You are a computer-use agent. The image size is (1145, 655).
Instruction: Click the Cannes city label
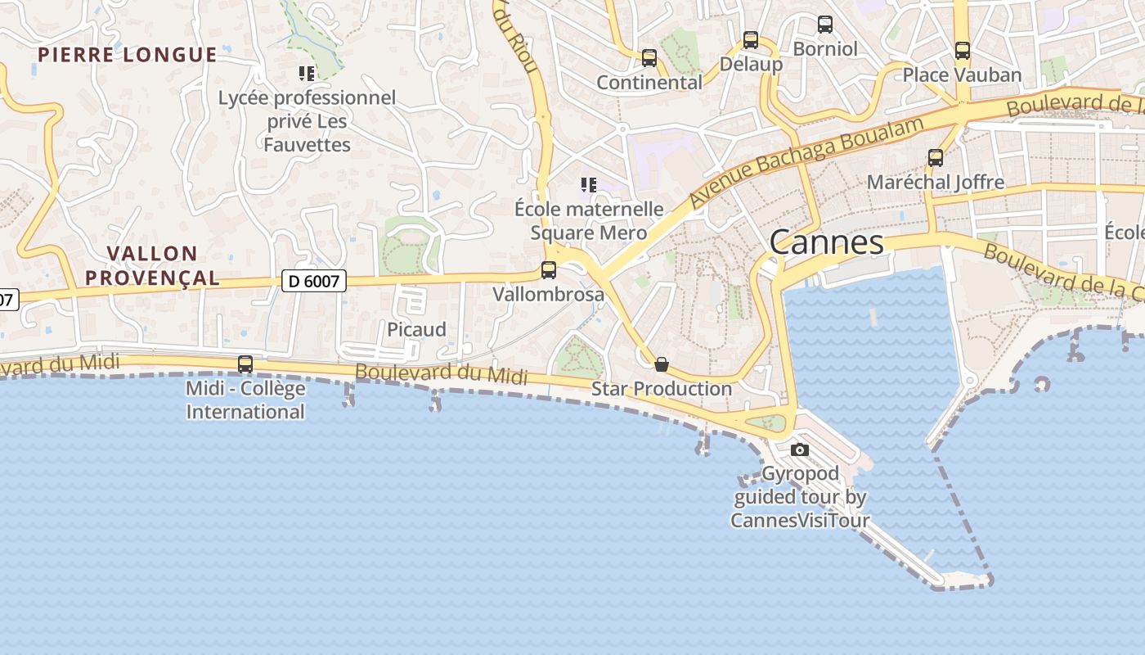click(x=826, y=242)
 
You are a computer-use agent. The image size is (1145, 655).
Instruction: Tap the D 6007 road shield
click(x=315, y=281)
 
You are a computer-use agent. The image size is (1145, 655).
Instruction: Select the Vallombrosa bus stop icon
click(x=549, y=269)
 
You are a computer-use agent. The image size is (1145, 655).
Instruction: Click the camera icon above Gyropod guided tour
click(x=800, y=449)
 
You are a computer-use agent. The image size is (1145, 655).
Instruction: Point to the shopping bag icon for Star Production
click(x=662, y=364)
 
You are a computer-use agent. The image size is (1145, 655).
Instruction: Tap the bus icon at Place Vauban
click(x=963, y=51)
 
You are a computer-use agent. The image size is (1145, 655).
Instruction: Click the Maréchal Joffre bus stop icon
click(x=936, y=158)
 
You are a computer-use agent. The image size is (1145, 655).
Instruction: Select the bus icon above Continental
click(x=649, y=58)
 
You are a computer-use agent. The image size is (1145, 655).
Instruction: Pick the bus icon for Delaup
click(x=751, y=39)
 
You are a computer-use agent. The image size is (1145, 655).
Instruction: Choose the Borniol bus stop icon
click(x=825, y=25)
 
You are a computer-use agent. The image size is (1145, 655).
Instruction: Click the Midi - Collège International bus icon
click(x=245, y=364)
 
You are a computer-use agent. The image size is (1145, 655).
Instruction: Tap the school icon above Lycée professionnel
click(x=307, y=74)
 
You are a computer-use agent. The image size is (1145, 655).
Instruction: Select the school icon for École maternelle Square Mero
click(x=589, y=185)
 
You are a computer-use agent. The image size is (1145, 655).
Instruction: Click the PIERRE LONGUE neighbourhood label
click(x=128, y=55)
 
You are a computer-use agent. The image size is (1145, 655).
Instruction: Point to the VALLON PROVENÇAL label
click(x=152, y=265)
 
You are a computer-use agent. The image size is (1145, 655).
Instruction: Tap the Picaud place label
click(x=416, y=329)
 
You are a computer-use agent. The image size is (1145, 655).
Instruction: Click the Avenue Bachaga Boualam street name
click(x=806, y=161)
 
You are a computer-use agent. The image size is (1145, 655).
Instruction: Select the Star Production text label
click(x=662, y=389)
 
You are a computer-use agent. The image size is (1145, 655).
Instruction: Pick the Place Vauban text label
click(x=962, y=75)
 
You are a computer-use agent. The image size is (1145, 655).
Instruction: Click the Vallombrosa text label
click(x=549, y=294)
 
